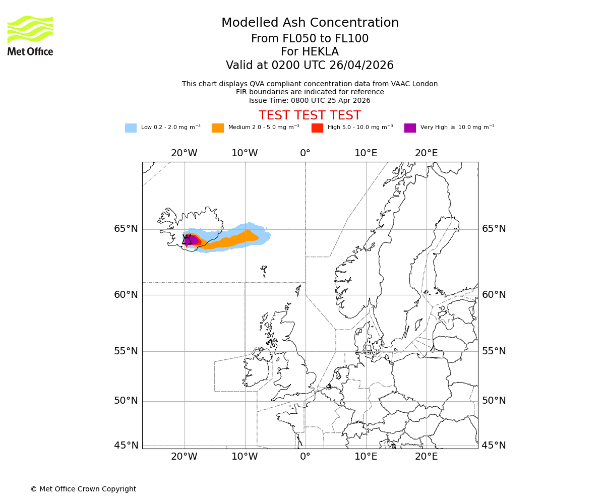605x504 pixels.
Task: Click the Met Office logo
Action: tap(30, 35)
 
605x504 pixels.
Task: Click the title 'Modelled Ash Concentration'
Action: tap(310, 23)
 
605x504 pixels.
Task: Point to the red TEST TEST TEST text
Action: tap(310, 115)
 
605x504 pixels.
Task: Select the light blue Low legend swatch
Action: tap(131, 128)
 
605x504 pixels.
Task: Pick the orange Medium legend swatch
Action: tap(218, 128)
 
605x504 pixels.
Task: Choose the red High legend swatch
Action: tap(317, 128)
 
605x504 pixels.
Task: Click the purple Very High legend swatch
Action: tap(410, 128)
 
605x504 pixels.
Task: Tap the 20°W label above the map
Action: tap(184, 153)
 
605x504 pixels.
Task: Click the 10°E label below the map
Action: tap(366, 457)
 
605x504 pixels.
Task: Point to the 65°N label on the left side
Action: tap(126, 229)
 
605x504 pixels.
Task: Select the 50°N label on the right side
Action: tap(494, 401)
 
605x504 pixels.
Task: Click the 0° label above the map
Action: tap(305, 153)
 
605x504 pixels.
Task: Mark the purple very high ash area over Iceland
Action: tap(193, 240)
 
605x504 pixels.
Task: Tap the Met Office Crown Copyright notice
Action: tap(83, 489)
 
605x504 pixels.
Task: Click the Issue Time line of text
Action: tap(310, 100)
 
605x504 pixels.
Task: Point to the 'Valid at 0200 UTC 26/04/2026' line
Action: tap(310, 65)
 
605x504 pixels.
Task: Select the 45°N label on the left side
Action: tap(126, 446)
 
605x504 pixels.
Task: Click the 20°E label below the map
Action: tap(426, 457)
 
